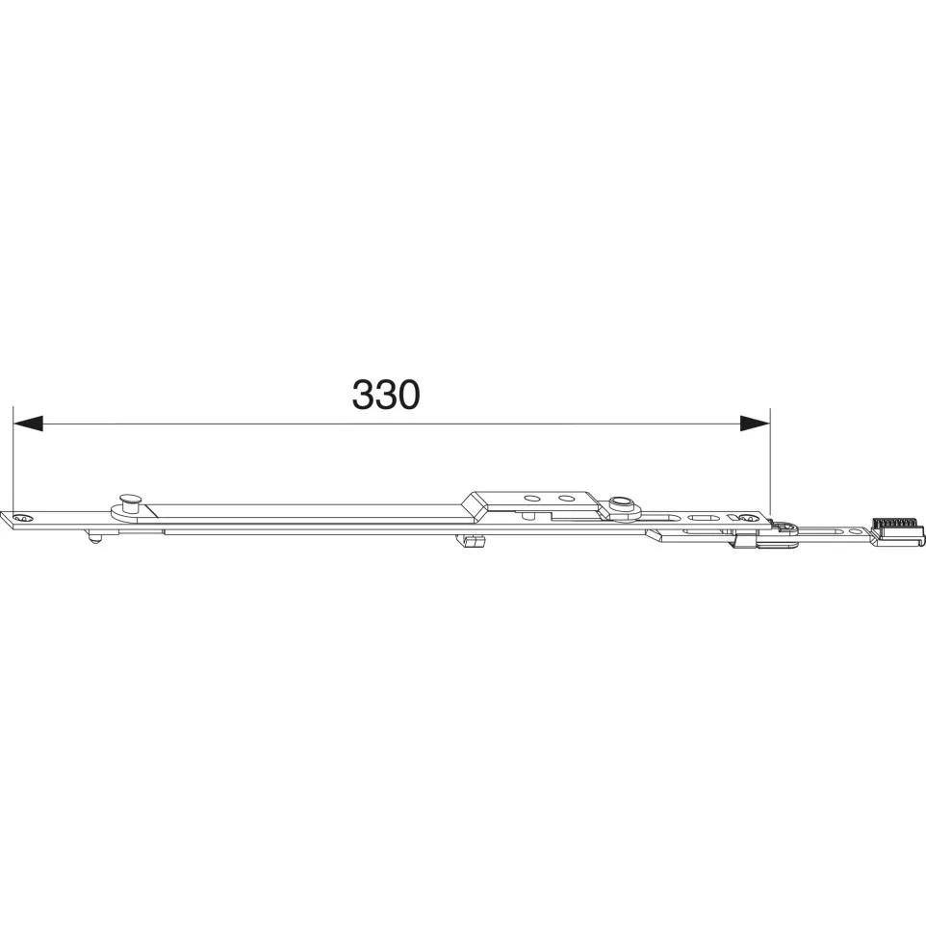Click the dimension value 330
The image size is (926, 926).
pyautogui.click(x=386, y=395)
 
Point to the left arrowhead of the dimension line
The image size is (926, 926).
pyautogui.click(x=28, y=423)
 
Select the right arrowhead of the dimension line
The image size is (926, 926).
pyautogui.click(x=756, y=423)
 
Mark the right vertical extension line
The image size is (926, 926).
pyautogui.click(x=771, y=462)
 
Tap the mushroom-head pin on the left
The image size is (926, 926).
pyautogui.click(x=130, y=502)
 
